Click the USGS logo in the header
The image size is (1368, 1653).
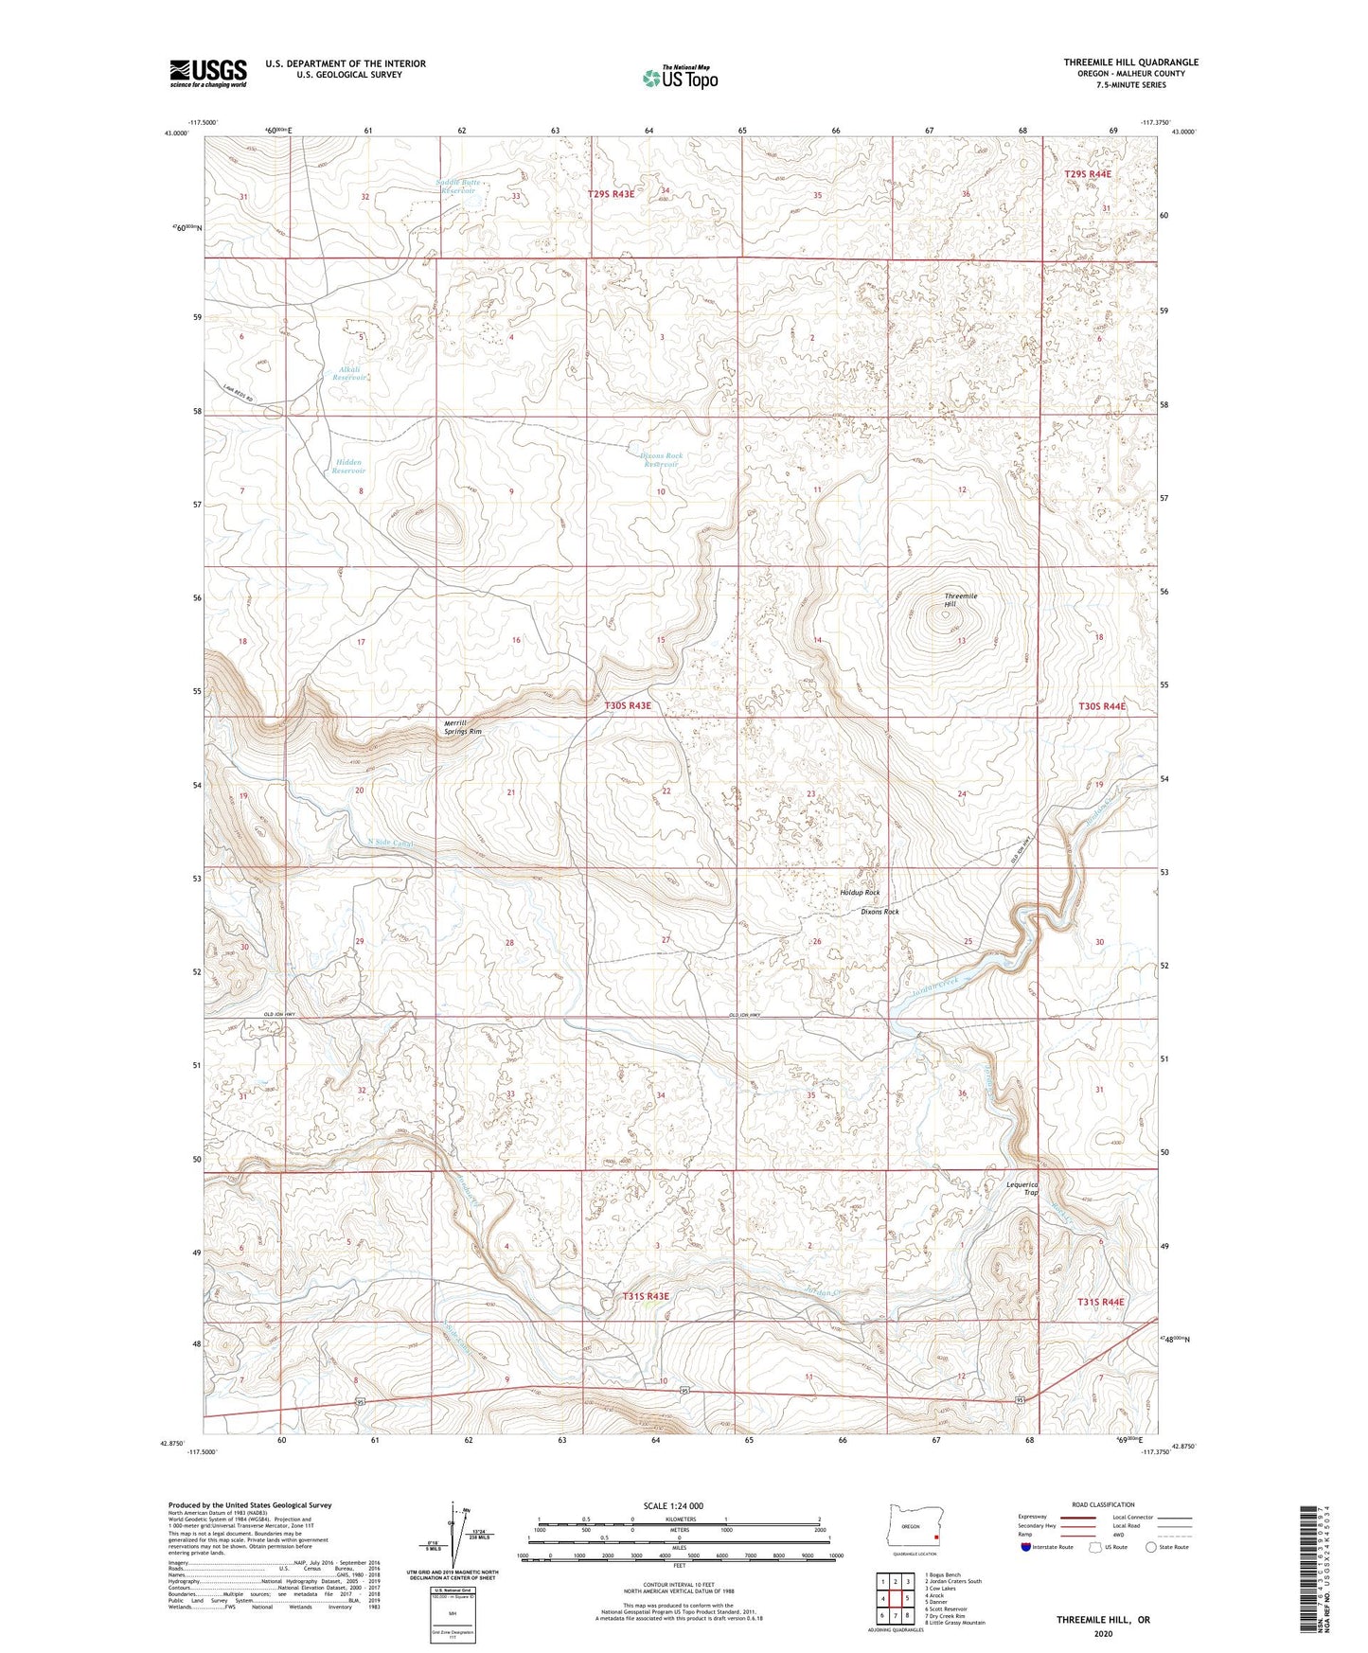[208, 72]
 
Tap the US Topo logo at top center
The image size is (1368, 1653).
[679, 77]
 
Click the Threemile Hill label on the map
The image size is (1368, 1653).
[960, 599]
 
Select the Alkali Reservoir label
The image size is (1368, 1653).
[348, 373]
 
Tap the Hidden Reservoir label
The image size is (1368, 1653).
[348, 466]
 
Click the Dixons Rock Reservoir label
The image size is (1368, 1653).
[662, 459]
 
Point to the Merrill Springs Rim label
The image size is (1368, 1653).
[463, 727]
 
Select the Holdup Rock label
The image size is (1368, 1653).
[860, 893]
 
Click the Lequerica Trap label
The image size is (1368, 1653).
[1022, 1188]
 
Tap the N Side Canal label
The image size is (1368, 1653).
[391, 841]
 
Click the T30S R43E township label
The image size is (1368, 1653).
[628, 705]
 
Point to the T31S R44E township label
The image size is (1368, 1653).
[1100, 1302]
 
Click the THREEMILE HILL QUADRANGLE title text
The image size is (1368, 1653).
[1130, 62]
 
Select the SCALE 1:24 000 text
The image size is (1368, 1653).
[672, 1505]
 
